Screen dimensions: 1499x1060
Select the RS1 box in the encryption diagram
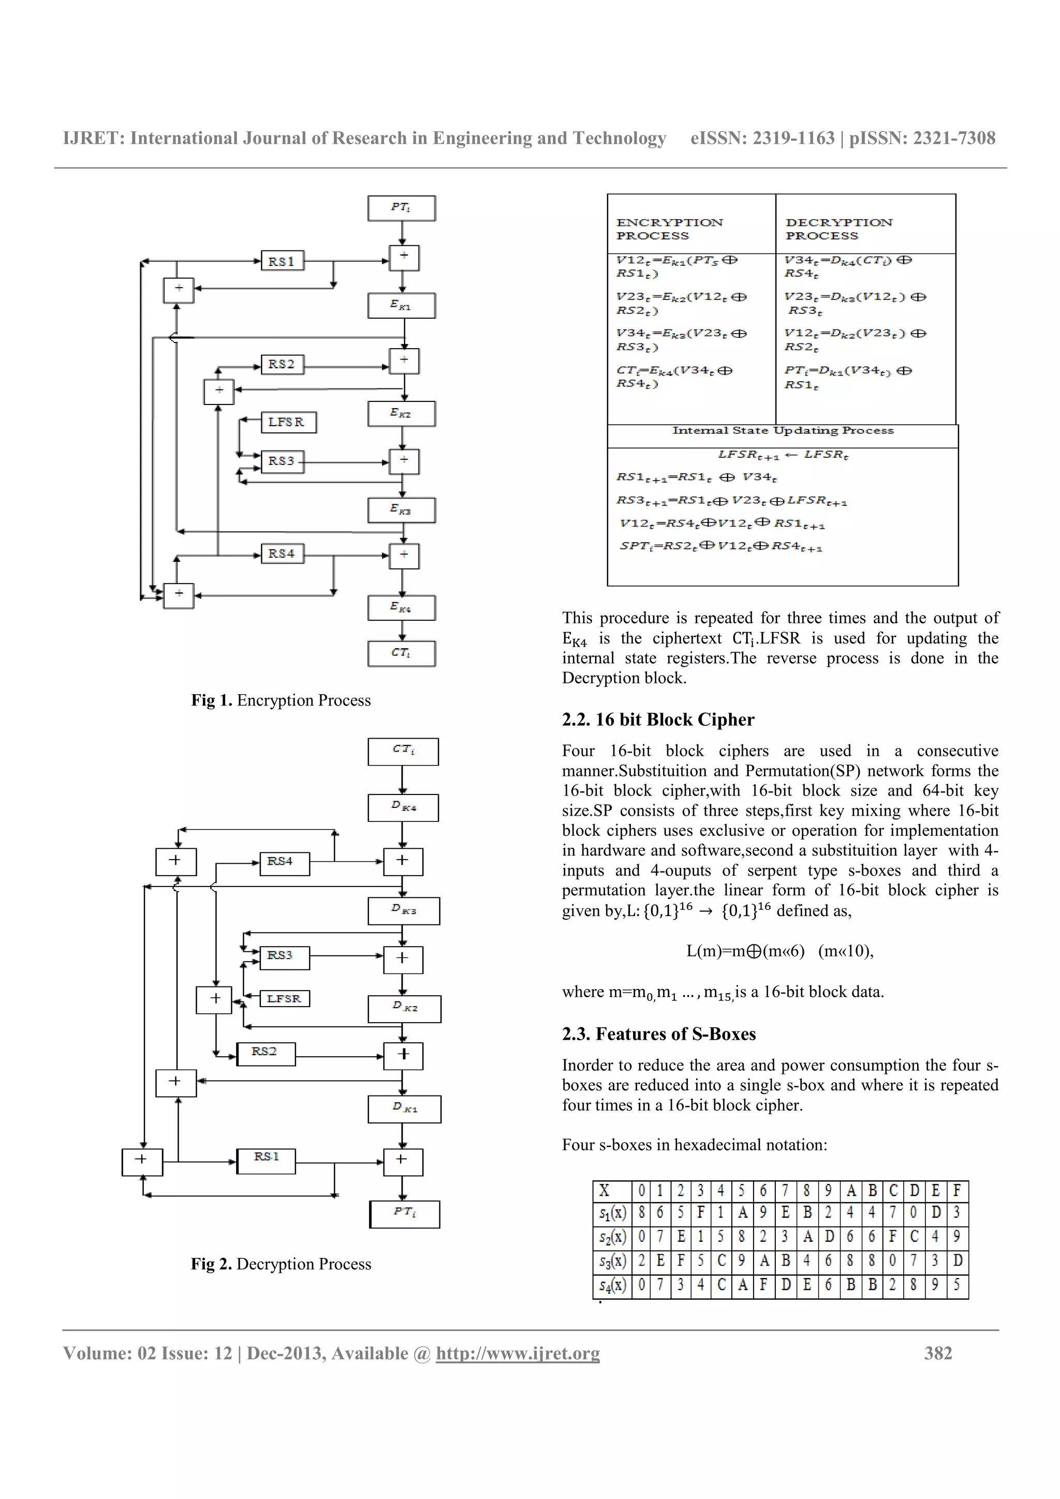[x=282, y=261]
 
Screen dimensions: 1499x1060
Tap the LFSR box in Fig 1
[x=287, y=423]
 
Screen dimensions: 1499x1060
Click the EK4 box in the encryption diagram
[x=401, y=608]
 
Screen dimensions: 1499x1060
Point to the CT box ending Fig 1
[x=401, y=653]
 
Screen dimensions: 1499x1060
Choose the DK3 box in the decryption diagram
[x=404, y=910]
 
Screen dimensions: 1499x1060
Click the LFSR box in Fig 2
[x=284, y=998]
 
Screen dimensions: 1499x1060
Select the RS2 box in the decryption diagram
[x=265, y=1053]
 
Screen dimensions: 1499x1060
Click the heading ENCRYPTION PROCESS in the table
[x=669, y=229]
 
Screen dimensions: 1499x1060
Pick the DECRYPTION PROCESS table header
[x=838, y=229]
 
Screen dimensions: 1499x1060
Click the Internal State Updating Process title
[x=783, y=431]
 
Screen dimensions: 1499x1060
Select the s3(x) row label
[x=612, y=1262]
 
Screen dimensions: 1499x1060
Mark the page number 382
[x=938, y=1353]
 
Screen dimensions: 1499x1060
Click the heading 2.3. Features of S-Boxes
[x=658, y=1034]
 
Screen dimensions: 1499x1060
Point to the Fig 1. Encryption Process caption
[x=281, y=700]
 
